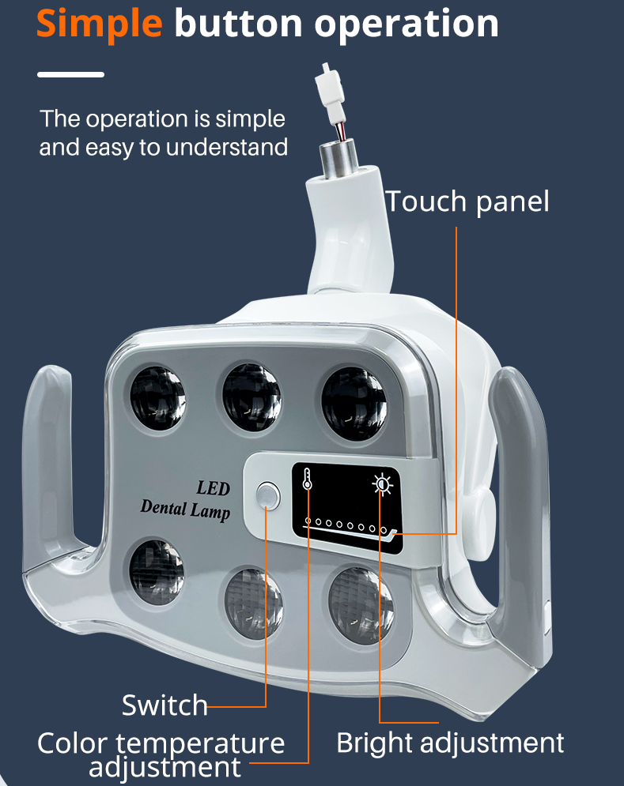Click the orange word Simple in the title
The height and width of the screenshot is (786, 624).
tap(99, 24)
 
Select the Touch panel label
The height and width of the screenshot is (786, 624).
tap(467, 201)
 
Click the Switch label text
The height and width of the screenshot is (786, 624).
tap(165, 705)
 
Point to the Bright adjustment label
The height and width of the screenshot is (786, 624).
tap(450, 743)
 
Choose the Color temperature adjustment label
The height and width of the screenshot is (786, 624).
tap(162, 754)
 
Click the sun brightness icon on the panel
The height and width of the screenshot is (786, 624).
tap(383, 483)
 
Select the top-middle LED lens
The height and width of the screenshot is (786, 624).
tap(251, 393)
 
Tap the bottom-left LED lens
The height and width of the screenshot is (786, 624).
tap(157, 569)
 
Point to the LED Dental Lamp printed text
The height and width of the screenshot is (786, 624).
tap(187, 498)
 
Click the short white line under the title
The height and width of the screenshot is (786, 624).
tap(71, 74)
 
